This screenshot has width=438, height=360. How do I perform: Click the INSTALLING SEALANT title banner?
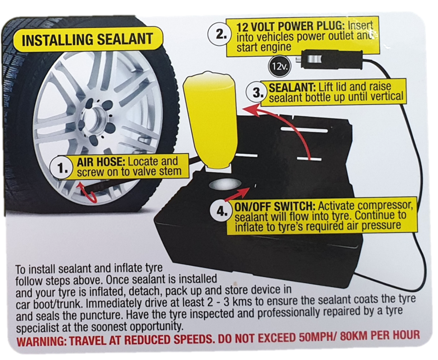tap(87, 40)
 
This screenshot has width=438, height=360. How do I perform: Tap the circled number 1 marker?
tap(61, 168)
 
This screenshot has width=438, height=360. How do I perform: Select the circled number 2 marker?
tap(219, 34)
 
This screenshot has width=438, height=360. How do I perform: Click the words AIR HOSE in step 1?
tap(101, 161)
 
